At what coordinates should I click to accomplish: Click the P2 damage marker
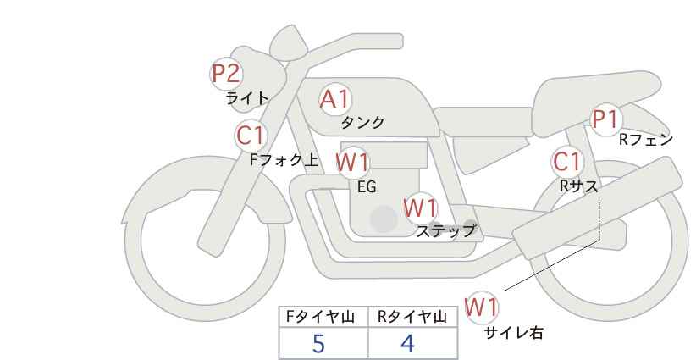pyautogui.click(x=226, y=74)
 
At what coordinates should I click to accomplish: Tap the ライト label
pyautogui.click(x=247, y=98)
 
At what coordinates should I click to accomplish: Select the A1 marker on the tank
pyautogui.click(x=335, y=99)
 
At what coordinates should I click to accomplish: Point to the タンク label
pyautogui.click(x=362, y=122)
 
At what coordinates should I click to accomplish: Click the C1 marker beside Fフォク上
pyautogui.click(x=251, y=136)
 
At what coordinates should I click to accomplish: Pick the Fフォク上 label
pyautogui.click(x=284, y=160)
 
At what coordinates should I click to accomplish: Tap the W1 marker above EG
pyautogui.click(x=352, y=163)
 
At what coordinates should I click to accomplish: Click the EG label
pyautogui.click(x=367, y=187)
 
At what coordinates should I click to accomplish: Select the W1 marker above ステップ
pyautogui.click(x=421, y=208)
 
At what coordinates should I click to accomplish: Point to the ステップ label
pyautogui.click(x=445, y=231)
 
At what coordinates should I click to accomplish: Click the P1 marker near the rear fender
pyautogui.click(x=605, y=119)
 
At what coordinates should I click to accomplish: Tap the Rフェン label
pyautogui.click(x=646, y=140)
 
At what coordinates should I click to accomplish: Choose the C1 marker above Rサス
pyautogui.click(x=567, y=162)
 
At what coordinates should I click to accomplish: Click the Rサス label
pyautogui.click(x=578, y=186)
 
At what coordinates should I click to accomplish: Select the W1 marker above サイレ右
pyautogui.click(x=482, y=307)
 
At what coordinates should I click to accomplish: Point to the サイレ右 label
pyautogui.click(x=514, y=333)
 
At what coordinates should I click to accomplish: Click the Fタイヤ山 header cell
pyautogui.click(x=323, y=317)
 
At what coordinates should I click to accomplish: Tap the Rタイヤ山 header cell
pyautogui.click(x=413, y=317)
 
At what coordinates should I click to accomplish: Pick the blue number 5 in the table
pyautogui.click(x=318, y=344)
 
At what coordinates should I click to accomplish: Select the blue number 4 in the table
pyautogui.click(x=407, y=344)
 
